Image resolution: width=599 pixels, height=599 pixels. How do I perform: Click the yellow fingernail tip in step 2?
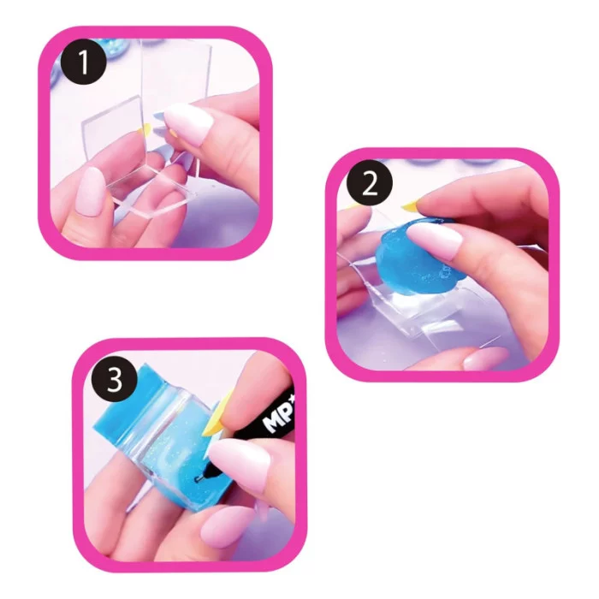pos(413,205)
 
